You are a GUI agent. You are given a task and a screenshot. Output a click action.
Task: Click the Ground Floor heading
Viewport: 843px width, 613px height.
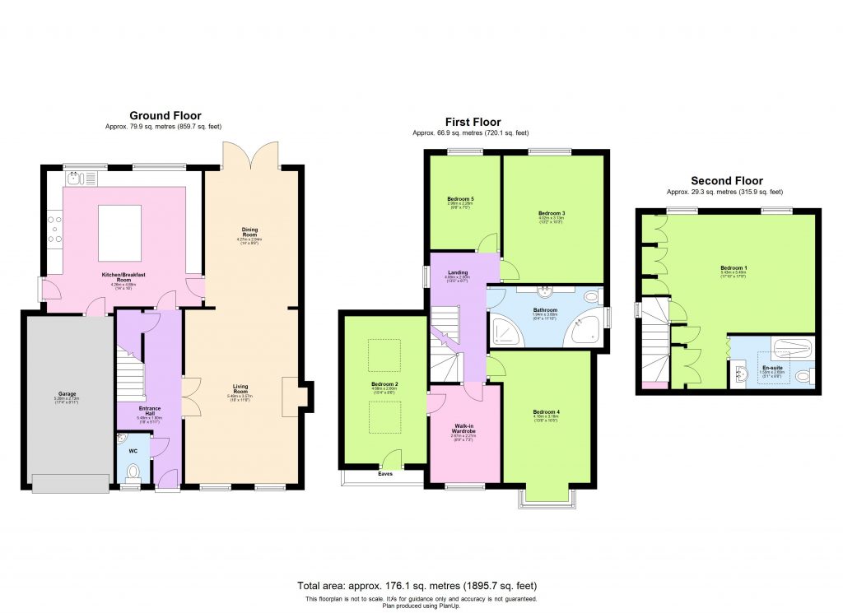(x=165, y=116)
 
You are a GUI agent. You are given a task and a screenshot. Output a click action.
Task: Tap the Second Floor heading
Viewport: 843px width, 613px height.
(x=726, y=181)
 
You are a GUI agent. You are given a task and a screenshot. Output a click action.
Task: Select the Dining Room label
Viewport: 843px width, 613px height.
(x=249, y=231)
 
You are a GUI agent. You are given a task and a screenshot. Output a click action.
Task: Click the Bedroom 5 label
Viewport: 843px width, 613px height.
(x=460, y=199)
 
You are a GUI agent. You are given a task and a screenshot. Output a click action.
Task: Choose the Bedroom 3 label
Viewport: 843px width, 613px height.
(x=552, y=213)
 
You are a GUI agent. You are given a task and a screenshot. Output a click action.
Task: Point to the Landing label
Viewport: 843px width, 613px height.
(x=459, y=274)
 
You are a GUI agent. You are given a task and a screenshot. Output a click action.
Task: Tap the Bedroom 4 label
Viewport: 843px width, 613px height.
(x=546, y=412)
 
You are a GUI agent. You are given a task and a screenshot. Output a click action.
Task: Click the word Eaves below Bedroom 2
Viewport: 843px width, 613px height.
(x=384, y=474)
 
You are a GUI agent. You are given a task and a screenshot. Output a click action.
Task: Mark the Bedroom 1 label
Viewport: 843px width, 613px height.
(x=732, y=267)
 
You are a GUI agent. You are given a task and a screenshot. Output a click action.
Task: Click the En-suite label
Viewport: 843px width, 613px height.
(x=771, y=367)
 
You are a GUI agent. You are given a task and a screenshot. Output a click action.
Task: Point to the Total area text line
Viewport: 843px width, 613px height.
(x=421, y=586)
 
